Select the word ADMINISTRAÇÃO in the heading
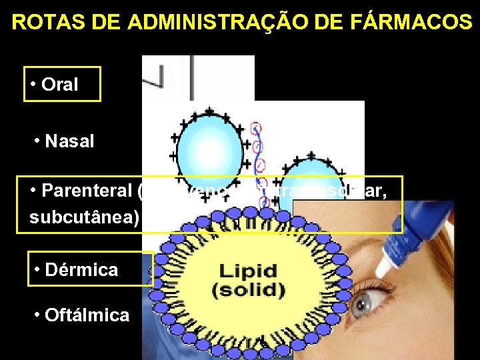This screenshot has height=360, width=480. pos(204,22)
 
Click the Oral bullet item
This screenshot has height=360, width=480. pos(59,85)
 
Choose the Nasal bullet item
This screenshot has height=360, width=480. pos(69,141)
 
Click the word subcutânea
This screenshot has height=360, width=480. pos(83,217)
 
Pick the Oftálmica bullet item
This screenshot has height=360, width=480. pos(87,315)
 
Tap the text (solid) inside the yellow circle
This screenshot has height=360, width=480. pos(248,291)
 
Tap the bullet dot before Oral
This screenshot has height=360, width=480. pos(33,85)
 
